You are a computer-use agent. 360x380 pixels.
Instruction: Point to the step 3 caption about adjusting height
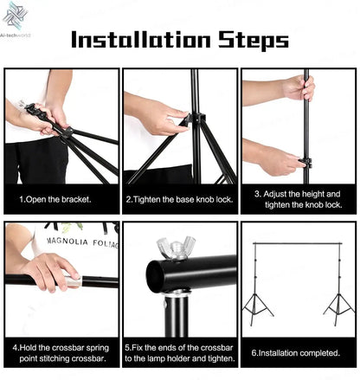(x=298, y=198)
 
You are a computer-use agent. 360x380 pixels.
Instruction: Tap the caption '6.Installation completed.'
(x=298, y=352)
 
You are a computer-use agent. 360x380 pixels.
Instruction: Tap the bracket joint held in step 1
(x=60, y=131)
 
